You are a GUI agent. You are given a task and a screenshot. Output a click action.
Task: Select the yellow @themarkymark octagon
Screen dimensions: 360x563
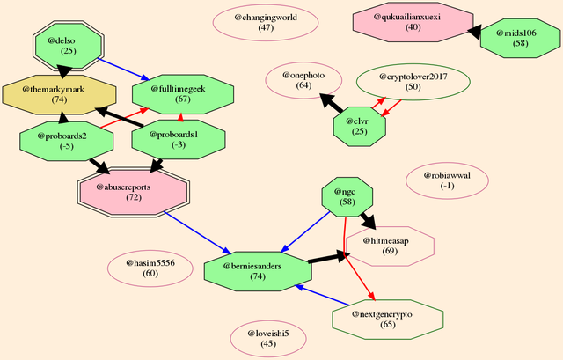pyautogui.click(x=60, y=95)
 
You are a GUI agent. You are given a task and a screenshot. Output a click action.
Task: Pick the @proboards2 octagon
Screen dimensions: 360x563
pyautogui.click(x=62, y=141)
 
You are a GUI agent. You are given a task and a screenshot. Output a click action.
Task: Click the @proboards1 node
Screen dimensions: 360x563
pyautogui.click(x=173, y=140)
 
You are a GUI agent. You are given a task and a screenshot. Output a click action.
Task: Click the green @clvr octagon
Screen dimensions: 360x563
pyautogui.click(x=359, y=126)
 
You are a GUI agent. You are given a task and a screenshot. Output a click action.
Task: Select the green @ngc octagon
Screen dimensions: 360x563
pyautogui.click(x=348, y=196)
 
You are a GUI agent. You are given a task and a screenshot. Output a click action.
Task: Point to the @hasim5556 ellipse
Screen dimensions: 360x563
pyautogui.click(x=150, y=268)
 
